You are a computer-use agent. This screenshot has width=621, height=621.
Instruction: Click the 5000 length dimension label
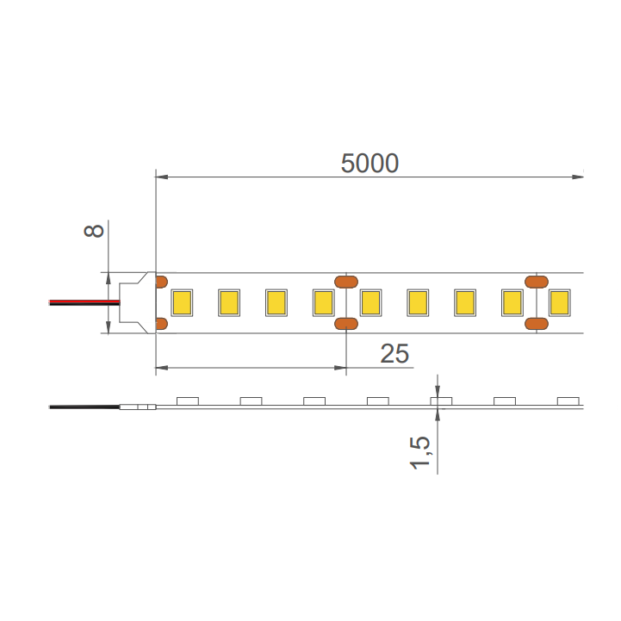click(369, 163)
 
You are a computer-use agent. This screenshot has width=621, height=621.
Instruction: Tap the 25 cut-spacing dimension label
click(394, 353)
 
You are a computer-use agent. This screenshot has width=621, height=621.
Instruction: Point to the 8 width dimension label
click(94, 231)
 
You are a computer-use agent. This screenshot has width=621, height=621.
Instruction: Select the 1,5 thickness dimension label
click(419, 453)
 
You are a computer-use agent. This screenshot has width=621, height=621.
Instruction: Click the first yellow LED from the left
click(182, 302)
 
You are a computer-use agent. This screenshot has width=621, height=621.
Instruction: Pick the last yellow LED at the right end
click(559, 302)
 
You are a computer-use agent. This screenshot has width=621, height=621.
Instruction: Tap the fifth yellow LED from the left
click(370, 302)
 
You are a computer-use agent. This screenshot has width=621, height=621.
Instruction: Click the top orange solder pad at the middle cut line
click(346, 282)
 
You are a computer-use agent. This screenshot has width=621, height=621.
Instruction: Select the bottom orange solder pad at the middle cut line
click(346, 324)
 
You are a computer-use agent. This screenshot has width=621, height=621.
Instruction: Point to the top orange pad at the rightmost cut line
click(537, 282)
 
